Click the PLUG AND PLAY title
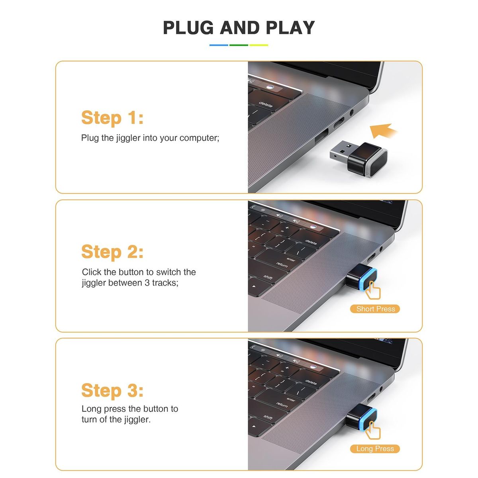click(239, 27)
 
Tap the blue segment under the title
click(219, 45)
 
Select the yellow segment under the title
click(259, 45)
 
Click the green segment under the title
click(239, 45)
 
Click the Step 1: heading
click(112, 118)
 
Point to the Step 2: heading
click(112, 252)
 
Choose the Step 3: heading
click(112, 390)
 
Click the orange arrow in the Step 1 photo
click(383, 130)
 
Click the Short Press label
click(375, 309)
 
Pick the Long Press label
click(375, 449)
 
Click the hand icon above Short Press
click(373, 290)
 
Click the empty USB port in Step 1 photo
click(321, 136)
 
